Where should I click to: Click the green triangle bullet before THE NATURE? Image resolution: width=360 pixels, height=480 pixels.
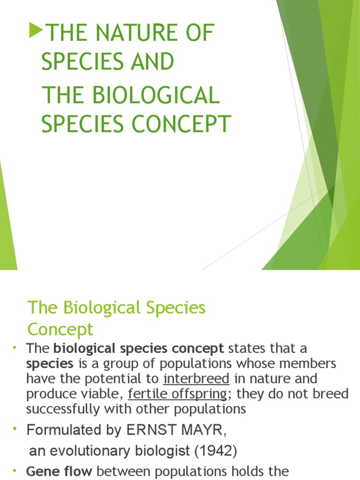(35, 31)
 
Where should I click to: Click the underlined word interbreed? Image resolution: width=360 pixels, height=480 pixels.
(196, 378)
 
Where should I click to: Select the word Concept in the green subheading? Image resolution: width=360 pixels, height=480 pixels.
(60, 329)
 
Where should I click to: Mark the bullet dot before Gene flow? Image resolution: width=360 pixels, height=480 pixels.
(15, 470)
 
